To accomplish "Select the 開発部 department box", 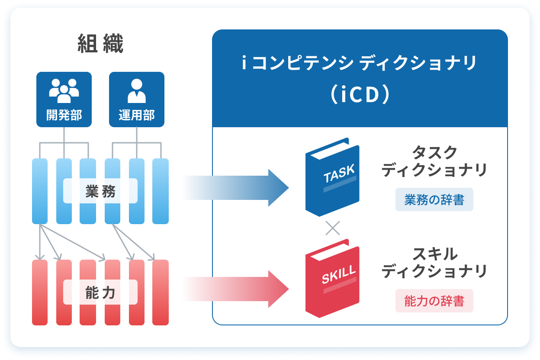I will coord(64,100).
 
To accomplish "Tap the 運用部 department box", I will coord(137,100).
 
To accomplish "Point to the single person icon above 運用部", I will coord(137,89).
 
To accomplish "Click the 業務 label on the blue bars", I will coord(100,191).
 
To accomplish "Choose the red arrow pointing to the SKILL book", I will coord(236,289).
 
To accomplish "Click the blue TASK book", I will coord(332,177).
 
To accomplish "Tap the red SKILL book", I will coord(332,279).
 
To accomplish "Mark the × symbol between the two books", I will coord(332,228).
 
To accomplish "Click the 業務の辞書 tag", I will coord(434,200).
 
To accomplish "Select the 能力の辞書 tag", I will coord(434,301).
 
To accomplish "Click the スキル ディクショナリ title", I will coord(434,263).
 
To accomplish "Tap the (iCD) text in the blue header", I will coord(360,96).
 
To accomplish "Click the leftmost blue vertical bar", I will coord(40,191).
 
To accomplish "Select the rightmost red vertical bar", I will coord(161,292).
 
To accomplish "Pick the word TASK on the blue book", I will coord(339,174).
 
